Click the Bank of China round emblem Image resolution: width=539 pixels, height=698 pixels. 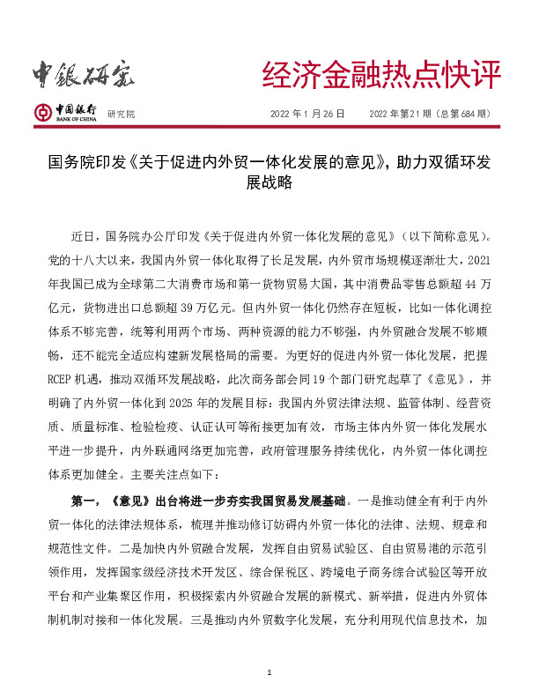click(42, 112)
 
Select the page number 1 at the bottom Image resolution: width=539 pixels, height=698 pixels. click(269, 673)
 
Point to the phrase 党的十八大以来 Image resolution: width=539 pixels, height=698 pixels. click(88, 260)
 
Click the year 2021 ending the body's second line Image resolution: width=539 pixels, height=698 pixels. click(476, 260)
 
